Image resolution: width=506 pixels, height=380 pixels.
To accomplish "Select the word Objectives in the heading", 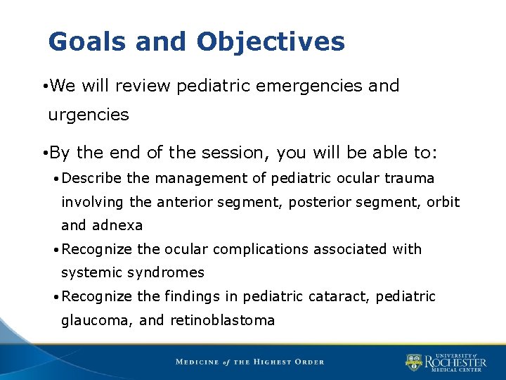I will coord(271,42).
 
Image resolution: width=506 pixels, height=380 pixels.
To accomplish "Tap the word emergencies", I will coord(304,86).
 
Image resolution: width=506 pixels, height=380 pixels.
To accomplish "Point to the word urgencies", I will coord(89,115).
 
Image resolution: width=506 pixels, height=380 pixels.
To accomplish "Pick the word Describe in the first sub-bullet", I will coord(96,178).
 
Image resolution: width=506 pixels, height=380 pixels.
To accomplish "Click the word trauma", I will coord(411,178).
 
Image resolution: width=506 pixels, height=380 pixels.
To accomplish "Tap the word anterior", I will coord(184,202).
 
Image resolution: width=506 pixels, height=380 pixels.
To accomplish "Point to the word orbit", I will coord(443,202).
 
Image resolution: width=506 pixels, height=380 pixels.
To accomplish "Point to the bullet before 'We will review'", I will coord(44,87).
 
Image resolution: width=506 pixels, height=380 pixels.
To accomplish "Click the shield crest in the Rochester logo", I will coord(414,363).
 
